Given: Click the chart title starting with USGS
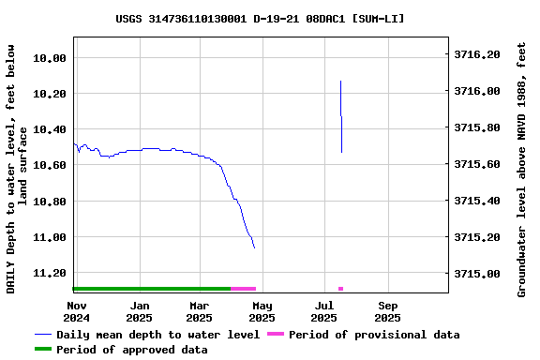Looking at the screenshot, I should point(261,18).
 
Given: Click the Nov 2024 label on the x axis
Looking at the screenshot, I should point(77,311).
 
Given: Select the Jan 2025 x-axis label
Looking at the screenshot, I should point(139,311).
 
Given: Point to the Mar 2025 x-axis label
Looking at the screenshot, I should point(200,311).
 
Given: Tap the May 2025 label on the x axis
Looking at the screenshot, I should point(262,311).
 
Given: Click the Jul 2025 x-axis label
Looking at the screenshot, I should point(324,311).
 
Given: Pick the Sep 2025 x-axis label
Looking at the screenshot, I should point(388,311).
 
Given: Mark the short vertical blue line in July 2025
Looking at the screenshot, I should point(341,117).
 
